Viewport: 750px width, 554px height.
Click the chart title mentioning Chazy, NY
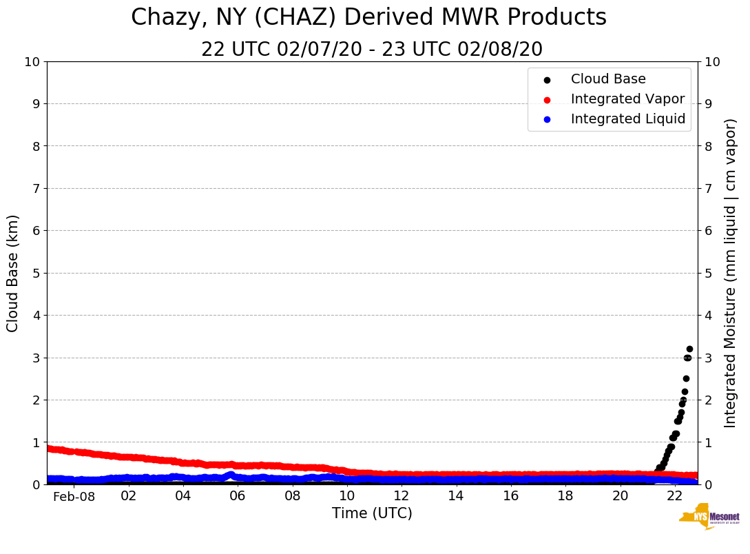click(368, 17)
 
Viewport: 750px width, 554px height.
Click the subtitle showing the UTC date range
click(372, 50)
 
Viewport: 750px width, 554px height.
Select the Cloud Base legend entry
click(608, 79)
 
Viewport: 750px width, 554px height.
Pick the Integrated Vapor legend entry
click(627, 99)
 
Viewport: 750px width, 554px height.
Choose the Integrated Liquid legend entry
click(628, 119)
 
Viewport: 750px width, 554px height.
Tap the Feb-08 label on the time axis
click(74, 497)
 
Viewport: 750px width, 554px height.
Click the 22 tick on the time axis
click(675, 496)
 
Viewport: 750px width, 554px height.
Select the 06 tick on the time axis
click(238, 496)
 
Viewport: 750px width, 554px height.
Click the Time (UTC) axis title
click(372, 513)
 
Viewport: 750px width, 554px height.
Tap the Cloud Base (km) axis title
click(13, 273)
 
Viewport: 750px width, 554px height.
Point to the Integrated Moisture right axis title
click(731, 273)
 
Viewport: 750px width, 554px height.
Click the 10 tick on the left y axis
click(32, 62)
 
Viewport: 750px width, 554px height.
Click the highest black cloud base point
click(689, 349)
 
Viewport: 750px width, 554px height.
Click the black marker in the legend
click(548, 80)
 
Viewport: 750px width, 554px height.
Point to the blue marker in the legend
click(548, 119)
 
